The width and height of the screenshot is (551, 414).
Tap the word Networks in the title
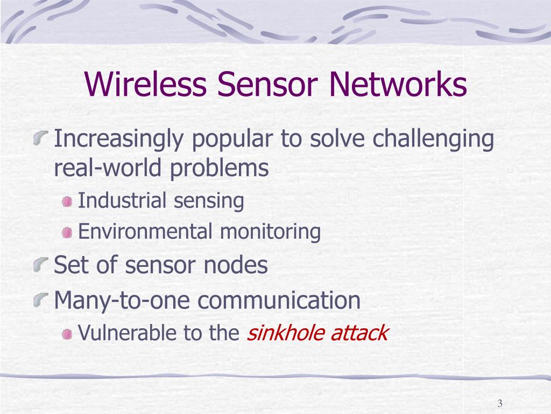[396, 85]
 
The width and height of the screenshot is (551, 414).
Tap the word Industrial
[122, 201]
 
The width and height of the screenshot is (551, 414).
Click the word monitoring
[270, 232]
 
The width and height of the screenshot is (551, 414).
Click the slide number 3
[500, 404]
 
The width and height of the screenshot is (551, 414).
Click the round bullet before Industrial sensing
[67, 202]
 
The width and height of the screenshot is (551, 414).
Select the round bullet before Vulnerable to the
[67, 334]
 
